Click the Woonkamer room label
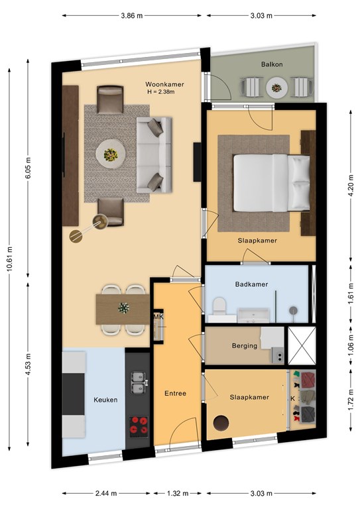164,84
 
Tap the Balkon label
272,64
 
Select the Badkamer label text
251,284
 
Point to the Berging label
245,346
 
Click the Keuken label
105,400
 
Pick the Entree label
175,394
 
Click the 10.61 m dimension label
9,258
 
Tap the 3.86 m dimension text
132,16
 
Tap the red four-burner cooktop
139,427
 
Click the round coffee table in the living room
111,154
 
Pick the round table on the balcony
276,87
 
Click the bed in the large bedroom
272,183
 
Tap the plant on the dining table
123,308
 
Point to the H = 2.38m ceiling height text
161,92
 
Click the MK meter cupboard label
158,317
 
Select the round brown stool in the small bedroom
221,423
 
